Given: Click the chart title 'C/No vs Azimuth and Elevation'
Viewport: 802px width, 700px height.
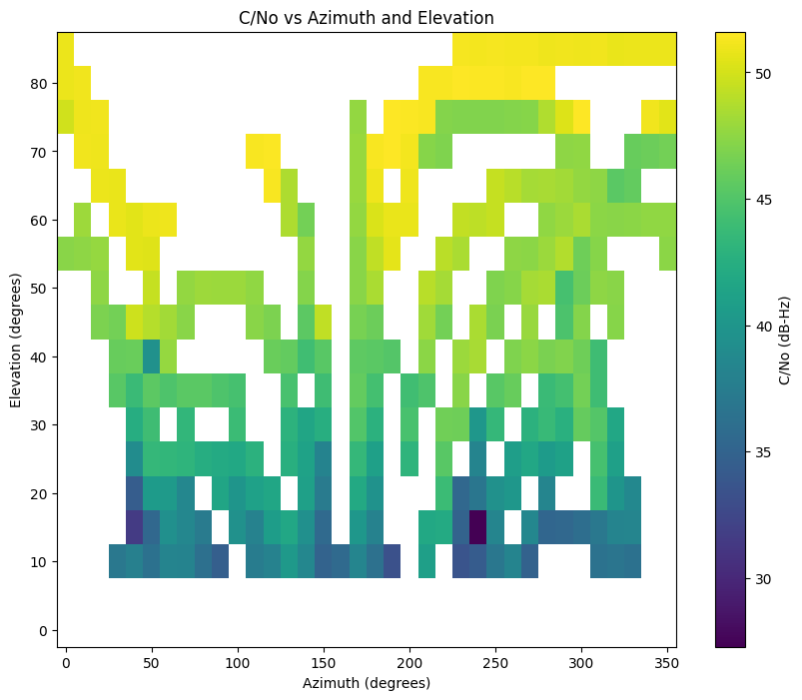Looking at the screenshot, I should pyautogui.click(x=367, y=18).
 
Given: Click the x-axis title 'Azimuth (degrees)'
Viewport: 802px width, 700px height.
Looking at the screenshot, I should pyautogui.click(x=367, y=683).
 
